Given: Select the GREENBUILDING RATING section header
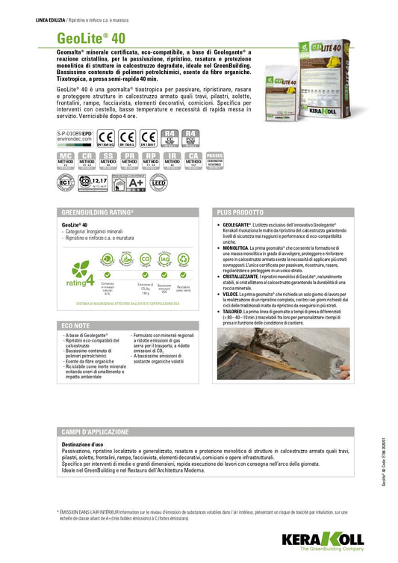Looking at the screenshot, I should point(96,212).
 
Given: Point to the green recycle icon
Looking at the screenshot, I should point(184,261).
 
